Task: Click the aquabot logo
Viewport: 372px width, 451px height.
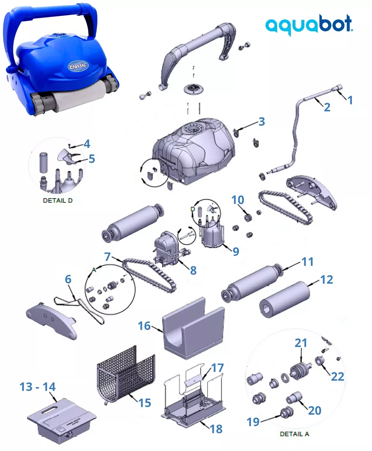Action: [309, 24]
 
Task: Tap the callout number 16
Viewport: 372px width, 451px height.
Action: [144, 326]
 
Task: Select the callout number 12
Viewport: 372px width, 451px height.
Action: [327, 280]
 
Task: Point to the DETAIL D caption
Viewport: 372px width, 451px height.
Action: [58, 200]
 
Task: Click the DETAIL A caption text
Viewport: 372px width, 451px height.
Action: [294, 434]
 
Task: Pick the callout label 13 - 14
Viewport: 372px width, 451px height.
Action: [38, 387]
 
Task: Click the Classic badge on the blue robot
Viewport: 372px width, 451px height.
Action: [78, 65]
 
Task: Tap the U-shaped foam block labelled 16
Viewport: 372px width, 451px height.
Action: [194, 328]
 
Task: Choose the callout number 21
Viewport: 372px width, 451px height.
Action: [301, 343]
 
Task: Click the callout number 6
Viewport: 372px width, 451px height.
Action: [68, 279]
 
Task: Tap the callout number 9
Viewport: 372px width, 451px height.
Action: [236, 251]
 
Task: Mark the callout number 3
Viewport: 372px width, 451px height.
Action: [262, 122]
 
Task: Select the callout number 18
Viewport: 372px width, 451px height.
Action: [216, 429]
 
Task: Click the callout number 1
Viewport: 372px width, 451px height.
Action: [350, 100]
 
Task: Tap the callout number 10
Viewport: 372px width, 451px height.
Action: [238, 200]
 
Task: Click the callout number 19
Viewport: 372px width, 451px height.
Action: [253, 422]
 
